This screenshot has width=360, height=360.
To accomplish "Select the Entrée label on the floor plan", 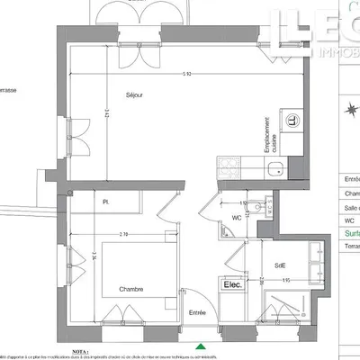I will pyautogui.click(x=198, y=312).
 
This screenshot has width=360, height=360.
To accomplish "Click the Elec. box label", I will pyautogui.click(x=233, y=285).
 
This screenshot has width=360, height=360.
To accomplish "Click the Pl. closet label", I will pyautogui.click(x=105, y=202).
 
